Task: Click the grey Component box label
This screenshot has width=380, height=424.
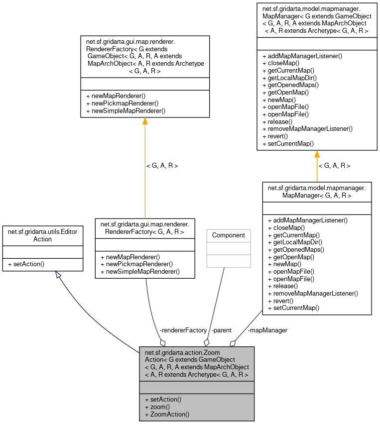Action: pos(229,235)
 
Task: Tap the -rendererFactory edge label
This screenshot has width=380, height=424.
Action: pos(183,330)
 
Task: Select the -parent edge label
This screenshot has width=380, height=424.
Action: pos(221,330)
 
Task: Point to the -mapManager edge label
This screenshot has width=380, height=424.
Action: pos(267,330)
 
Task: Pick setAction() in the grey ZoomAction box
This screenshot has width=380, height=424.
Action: pos(163,399)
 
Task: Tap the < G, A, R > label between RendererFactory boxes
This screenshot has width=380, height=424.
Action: pos(162,166)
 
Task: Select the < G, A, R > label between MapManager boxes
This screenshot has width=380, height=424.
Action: pos(334,166)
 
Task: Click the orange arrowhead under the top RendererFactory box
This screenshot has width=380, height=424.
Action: pos(145,121)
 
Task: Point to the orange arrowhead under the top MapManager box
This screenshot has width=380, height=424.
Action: pos(317,154)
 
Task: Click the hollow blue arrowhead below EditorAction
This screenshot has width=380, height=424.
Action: pos(59,275)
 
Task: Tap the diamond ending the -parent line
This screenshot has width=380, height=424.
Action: pos(207,342)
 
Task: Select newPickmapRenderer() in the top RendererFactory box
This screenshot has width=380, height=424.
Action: pos(122,103)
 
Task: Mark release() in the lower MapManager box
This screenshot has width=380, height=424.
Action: pos(282,286)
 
